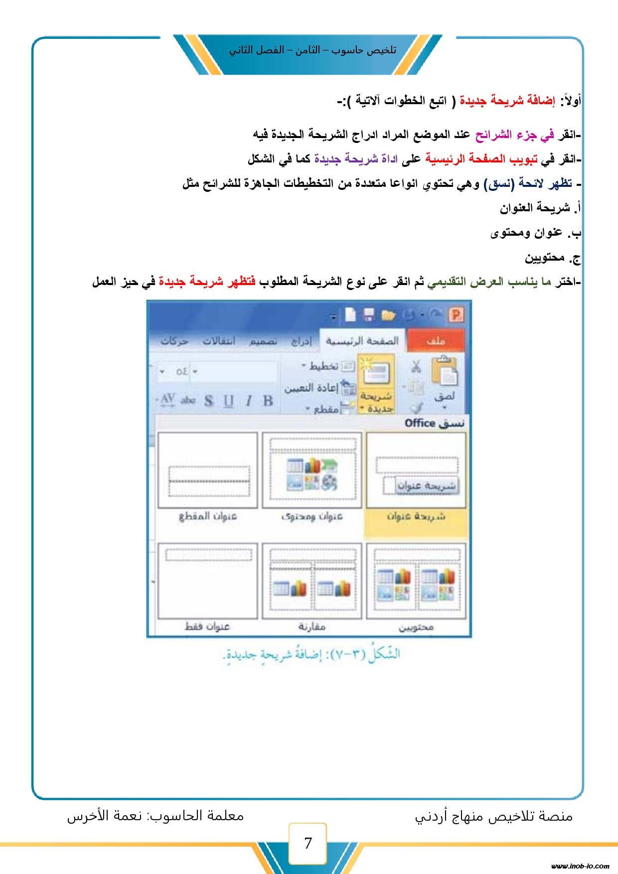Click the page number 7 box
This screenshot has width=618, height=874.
308,843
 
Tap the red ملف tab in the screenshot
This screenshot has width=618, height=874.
435,341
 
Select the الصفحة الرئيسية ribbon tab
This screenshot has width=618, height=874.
362,341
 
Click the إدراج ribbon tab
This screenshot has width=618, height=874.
301,341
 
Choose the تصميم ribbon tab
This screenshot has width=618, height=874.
264,341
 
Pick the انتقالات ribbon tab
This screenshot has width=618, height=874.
219,341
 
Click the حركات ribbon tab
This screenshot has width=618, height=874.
174,341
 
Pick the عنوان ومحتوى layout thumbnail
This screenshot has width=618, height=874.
312,471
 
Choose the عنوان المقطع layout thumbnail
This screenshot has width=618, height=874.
208,471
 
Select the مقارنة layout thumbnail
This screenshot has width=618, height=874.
312,581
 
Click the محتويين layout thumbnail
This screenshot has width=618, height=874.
416,581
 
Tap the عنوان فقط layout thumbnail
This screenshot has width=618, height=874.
208,581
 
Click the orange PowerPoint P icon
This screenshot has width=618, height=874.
456,314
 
